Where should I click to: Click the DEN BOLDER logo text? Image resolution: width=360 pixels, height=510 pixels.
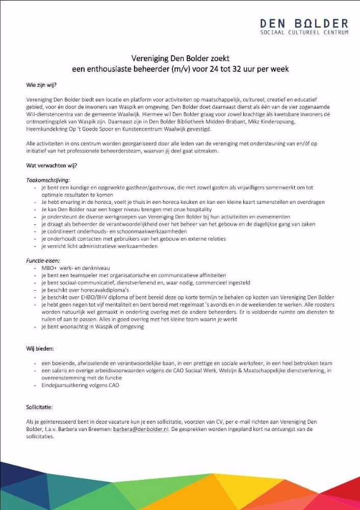[x=304, y=23]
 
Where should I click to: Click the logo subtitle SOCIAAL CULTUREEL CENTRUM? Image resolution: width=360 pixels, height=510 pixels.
[x=304, y=33]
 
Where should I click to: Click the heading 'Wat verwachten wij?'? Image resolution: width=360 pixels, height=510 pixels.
[x=52, y=165]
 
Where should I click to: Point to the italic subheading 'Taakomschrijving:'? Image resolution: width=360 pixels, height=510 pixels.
[x=48, y=180]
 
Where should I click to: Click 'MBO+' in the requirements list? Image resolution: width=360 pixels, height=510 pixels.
[x=50, y=268]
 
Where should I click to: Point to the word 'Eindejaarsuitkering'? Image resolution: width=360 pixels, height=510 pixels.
[x=66, y=386]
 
